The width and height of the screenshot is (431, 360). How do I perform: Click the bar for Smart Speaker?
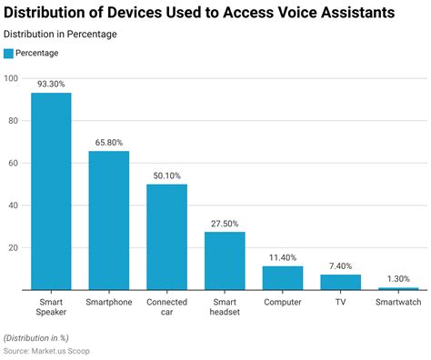click(51, 191)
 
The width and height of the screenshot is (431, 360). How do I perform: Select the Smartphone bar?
click(108, 220)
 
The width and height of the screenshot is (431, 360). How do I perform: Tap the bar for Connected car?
click(166, 236)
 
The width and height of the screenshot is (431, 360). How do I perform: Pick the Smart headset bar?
click(225, 261)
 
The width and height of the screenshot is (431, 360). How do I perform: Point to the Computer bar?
click(283, 277)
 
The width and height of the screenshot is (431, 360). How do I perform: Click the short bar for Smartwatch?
click(398, 288)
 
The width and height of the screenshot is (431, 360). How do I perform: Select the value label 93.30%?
click(51, 84)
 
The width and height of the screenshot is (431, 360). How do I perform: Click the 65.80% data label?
click(108, 142)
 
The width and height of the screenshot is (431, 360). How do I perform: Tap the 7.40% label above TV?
click(340, 265)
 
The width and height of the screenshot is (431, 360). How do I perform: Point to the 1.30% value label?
click(398, 278)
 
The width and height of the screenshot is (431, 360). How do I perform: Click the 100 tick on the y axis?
click(12, 78)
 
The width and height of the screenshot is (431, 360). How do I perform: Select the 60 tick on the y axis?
click(14, 163)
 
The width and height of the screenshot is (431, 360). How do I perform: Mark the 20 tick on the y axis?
click(14, 247)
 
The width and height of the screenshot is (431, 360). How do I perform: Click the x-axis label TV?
click(340, 302)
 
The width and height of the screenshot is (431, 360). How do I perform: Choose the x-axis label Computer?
click(283, 302)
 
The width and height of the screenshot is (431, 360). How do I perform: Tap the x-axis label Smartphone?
click(108, 302)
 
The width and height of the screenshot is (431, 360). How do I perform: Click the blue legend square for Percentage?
click(9, 53)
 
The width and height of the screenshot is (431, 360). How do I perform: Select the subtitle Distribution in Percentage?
click(60, 34)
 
